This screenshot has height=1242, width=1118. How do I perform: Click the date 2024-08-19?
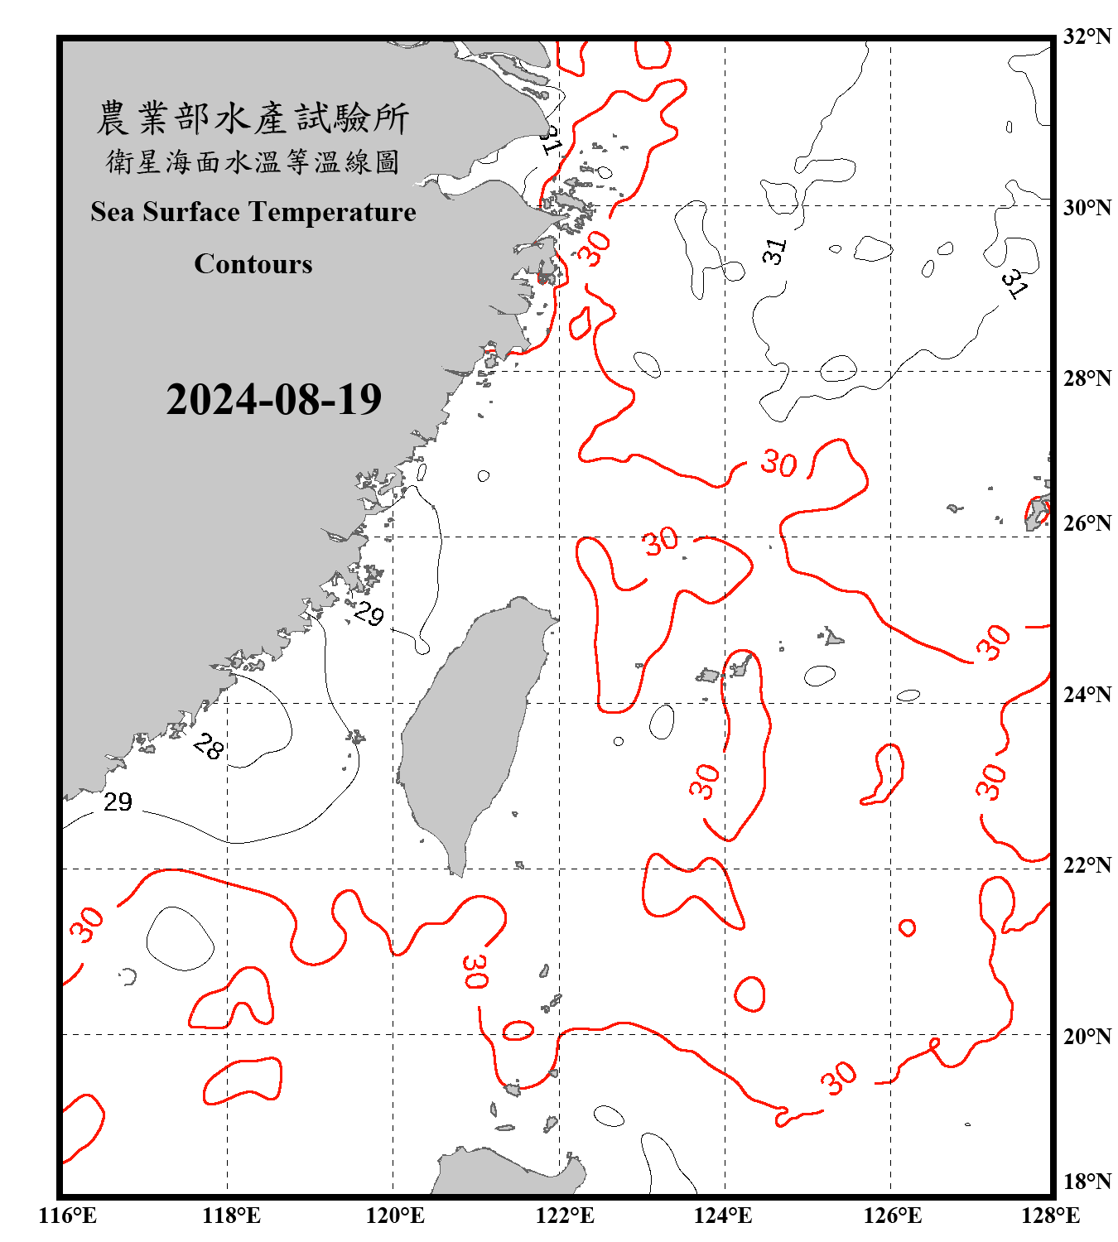(x=273, y=400)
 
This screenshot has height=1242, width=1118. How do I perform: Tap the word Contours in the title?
(x=253, y=264)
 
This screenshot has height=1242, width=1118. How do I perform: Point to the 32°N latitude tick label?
(x=1087, y=36)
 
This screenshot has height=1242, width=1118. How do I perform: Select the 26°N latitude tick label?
(x=1087, y=523)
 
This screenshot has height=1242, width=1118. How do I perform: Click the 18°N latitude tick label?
(x=1087, y=1182)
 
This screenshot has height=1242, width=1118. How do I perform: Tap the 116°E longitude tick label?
(x=68, y=1216)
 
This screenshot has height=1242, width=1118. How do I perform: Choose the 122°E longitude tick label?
(x=565, y=1216)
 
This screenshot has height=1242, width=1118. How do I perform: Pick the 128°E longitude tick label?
(x=1050, y=1216)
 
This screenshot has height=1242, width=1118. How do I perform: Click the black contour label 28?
(x=208, y=748)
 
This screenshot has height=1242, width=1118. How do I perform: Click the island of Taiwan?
(x=468, y=729)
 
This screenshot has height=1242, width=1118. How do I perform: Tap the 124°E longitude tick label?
(x=723, y=1216)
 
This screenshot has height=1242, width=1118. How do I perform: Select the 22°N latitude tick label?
(x=1087, y=865)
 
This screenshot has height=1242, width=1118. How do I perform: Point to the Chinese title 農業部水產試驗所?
(x=253, y=118)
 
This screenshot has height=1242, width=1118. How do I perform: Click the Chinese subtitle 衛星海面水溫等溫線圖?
(x=253, y=161)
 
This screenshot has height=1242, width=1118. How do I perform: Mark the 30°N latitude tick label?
(x=1087, y=208)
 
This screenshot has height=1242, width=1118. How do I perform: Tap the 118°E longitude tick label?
(x=231, y=1216)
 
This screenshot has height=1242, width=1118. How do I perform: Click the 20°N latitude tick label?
(x=1087, y=1036)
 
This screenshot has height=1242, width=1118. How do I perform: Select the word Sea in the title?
(x=113, y=213)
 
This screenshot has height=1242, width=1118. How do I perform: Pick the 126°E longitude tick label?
(x=892, y=1216)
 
